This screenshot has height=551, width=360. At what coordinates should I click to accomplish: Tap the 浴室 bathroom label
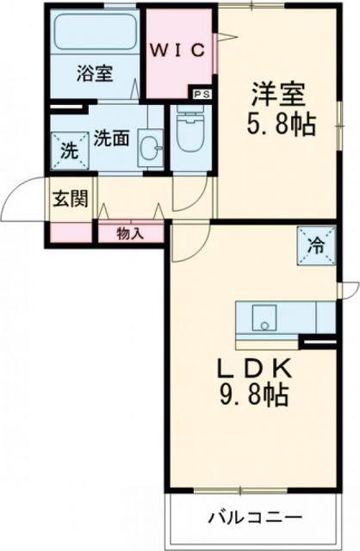[x=95, y=74]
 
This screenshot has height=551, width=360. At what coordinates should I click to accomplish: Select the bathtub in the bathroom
[x=95, y=37]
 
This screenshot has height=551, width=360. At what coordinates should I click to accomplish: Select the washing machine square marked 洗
[x=67, y=148]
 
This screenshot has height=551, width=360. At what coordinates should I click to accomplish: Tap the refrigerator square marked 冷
[x=314, y=244]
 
